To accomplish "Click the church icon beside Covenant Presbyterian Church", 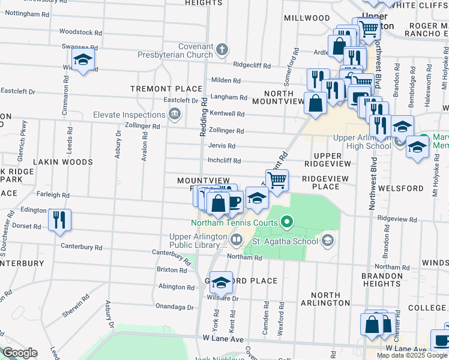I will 222,49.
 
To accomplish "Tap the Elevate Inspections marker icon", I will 174,115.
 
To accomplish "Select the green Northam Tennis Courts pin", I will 286,223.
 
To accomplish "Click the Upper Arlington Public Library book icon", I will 237,241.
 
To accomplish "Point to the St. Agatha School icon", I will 327,241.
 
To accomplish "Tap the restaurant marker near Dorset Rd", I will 60,219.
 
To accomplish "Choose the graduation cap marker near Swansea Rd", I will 83,59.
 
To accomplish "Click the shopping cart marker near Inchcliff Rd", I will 277,179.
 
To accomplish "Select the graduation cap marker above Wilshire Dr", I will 221,283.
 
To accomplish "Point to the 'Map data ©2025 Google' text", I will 412,355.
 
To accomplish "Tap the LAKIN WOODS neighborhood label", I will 63,162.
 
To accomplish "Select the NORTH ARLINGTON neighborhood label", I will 322,299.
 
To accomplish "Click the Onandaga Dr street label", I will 175,307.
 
